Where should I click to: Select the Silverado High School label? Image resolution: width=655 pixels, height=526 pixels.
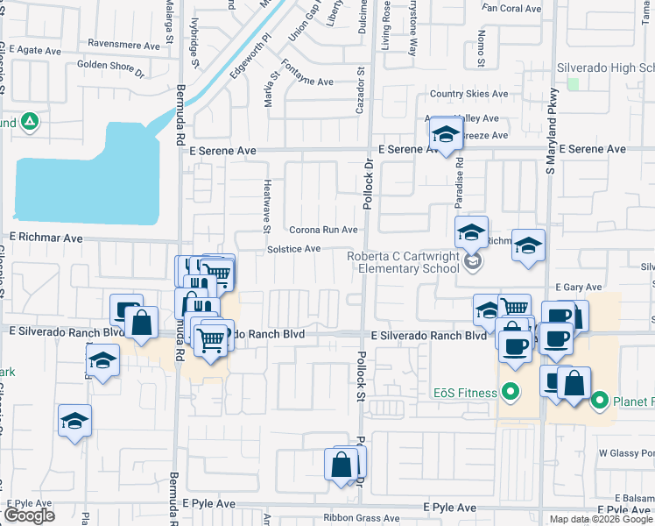(x=606, y=68)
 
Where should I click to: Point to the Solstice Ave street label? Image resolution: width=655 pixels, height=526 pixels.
(x=293, y=249)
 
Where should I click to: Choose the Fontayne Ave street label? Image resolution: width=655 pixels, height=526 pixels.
(x=306, y=82)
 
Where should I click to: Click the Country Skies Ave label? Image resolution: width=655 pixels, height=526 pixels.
(x=468, y=95)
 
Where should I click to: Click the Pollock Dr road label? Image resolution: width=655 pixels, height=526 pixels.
(x=369, y=183)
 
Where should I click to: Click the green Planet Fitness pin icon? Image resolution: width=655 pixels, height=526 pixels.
(x=600, y=402)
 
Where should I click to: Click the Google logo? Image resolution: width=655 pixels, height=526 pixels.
(x=29, y=515)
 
